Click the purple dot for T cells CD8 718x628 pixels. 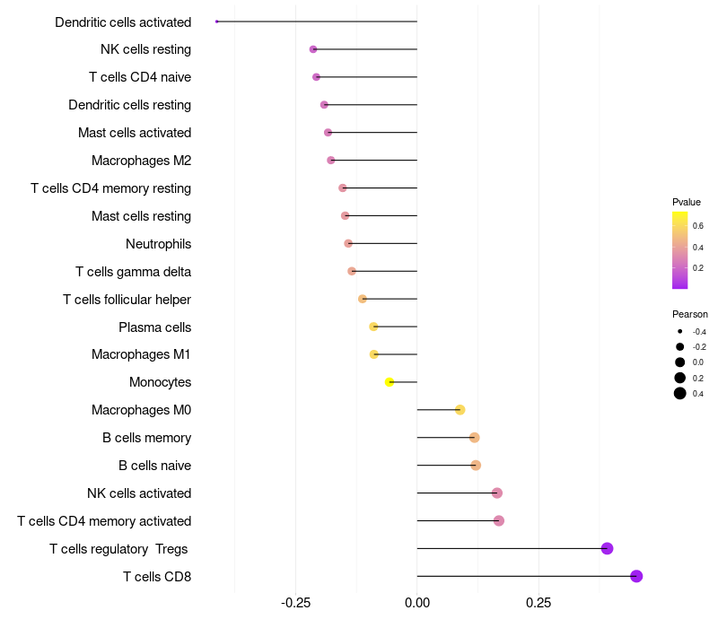pyautogui.click(x=636, y=576)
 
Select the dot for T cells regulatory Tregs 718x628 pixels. pyautogui.click(x=607, y=548)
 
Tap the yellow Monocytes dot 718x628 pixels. pyautogui.click(x=390, y=382)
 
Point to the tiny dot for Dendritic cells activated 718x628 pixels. pyautogui.click(x=217, y=22)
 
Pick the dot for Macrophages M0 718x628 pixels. pyautogui.click(x=460, y=410)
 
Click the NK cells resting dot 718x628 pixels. pyautogui.click(x=313, y=49)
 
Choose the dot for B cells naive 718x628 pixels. pyautogui.click(x=476, y=466)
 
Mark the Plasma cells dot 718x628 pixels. pyautogui.click(x=373, y=327)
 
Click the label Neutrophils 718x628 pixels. pyautogui.click(x=158, y=244)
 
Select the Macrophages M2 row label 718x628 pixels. pyautogui.click(x=141, y=161)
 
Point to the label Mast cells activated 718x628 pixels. pyautogui.click(x=135, y=133)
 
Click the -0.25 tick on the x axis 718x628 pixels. pyautogui.click(x=296, y=603)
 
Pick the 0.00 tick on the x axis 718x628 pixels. pyautogui.click(x=417, y=603)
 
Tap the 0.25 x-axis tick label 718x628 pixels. pyautogui.click(x=538, y=603)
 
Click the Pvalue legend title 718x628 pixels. pyautogui.click(x=687, y=202)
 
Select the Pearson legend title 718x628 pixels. pyautogui.click(x=689, y=314)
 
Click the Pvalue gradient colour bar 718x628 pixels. pyautogui.click(x=680, y=249)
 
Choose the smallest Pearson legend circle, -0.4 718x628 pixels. pyautogui.click(x=680, y=332)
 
